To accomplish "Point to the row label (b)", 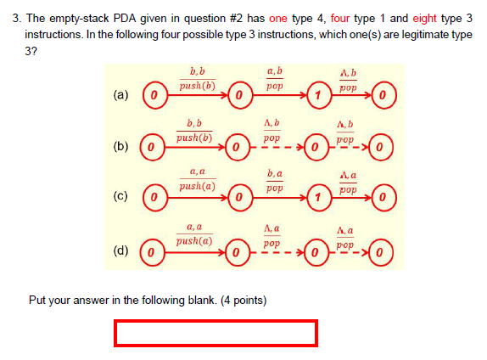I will [121, 147].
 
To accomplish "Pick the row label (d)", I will [121, 250].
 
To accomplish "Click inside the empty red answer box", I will [216, 333].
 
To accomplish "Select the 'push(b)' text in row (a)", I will [196, 86].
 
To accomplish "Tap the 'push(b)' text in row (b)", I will [194, 138].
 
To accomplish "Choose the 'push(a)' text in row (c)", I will [196, 186].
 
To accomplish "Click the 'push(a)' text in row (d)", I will [194, 241].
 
